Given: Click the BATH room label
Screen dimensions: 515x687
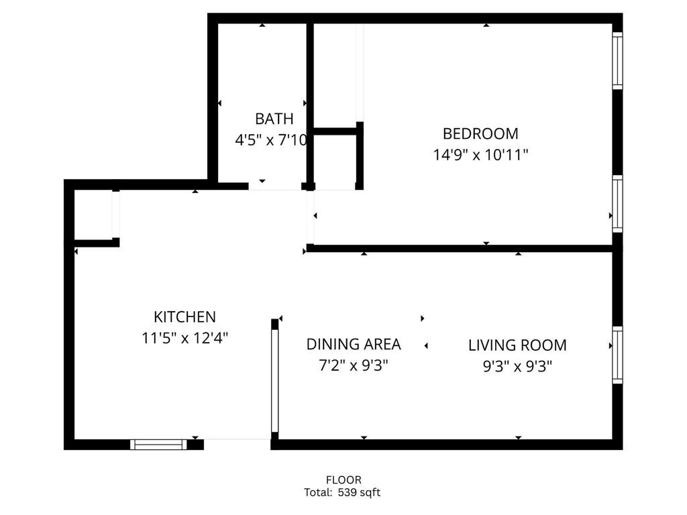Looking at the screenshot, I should click(x=274, y=119).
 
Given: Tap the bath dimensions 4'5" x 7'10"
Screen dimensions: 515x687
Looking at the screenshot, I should click(x=271, y=141).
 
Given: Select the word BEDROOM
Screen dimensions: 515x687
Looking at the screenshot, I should click(x=480, y=133).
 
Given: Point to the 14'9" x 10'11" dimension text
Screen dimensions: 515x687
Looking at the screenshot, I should click(x=480, y=155).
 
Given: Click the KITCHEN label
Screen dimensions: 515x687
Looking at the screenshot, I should click(x=184, y=317).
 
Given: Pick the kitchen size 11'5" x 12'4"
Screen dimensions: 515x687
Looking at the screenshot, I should click(x=184, y=338).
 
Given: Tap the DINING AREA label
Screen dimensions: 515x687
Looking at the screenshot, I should click(x=354, y=345).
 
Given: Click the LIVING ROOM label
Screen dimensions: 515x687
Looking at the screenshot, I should click(x=517, y=345).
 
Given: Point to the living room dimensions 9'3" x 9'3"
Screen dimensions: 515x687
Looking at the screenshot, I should click(x=517, y=366).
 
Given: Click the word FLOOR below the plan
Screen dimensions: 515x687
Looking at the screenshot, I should click(x=343, y=480).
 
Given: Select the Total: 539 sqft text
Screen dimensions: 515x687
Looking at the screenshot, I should click(x=342, y=493).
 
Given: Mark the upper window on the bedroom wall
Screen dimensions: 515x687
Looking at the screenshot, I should click(x=617, y=60).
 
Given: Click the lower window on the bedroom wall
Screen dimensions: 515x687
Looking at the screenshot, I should click(x=617, y=204).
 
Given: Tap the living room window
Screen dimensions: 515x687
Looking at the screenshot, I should click(x=617, y=355).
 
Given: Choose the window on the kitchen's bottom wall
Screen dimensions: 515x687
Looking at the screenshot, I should click(x=158, y=444).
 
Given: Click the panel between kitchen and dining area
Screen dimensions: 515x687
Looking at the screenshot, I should click(x=274, y=381).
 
